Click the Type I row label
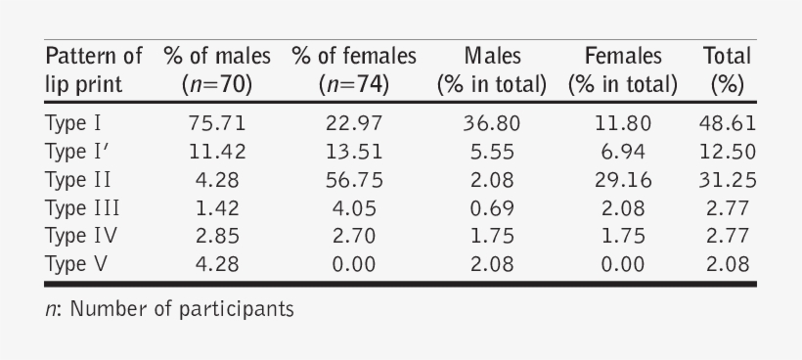coord(73,123)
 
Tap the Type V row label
coord(74,263)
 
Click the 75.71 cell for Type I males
coord(216,123)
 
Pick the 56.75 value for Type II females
coord(353,180)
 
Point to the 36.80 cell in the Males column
coord(492,123)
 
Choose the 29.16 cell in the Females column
coord(622,180)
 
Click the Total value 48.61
coord(727,123)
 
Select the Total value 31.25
coord(727,180)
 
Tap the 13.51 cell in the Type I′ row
coord(353,152)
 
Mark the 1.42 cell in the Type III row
coord(216,207)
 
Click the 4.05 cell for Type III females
coord(353,207)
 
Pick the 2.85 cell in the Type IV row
coord(216,236)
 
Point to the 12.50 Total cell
coord(727,152)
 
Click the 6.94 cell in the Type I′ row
coord(622,152)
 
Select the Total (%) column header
coord(727,69)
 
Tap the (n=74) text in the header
coord(353,84)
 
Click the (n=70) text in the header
coord(216,84)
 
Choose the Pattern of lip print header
coord(93,69)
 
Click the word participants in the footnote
coord(238,311)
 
